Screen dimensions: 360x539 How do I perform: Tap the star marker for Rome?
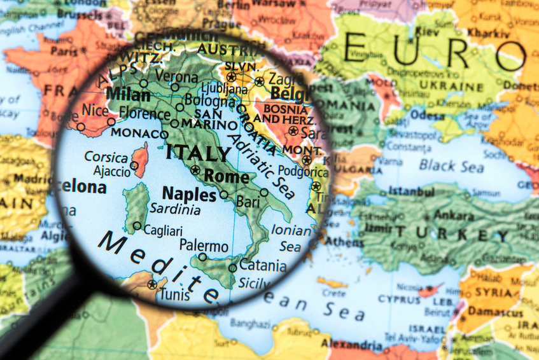[195, 170]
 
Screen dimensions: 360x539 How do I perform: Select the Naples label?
[190, 194]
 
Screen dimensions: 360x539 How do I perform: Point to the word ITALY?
[198, 153]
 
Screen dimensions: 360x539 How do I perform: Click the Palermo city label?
[204, 246]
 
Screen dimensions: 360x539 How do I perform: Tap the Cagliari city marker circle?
[137, 226]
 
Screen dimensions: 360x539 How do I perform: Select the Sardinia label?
[174, 209]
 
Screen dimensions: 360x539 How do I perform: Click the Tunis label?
[174, 294]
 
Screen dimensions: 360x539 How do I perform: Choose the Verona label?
[176, 76]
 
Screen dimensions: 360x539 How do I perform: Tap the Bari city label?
[248, 202]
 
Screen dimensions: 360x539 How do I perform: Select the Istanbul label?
[411, 191]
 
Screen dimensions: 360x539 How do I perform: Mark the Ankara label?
[454, 214]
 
